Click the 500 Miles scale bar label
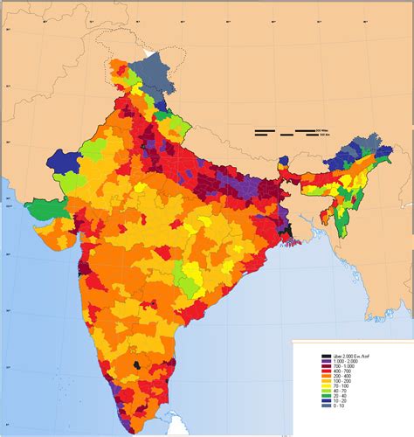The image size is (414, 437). point(321,129)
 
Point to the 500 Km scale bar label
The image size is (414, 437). point(321,135)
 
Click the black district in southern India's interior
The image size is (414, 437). point(138,362)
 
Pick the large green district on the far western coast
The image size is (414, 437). point(42,211)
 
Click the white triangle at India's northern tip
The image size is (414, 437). point(155,55)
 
